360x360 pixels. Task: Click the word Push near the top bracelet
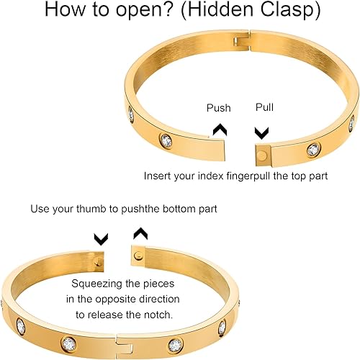tap(219, 108)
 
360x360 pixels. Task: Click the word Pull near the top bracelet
tap(265, 107)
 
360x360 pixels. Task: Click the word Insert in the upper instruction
tap(158, 175)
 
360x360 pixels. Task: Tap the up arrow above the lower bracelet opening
tap(140, 234)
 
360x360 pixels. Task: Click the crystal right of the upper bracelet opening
tap(313, 150)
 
